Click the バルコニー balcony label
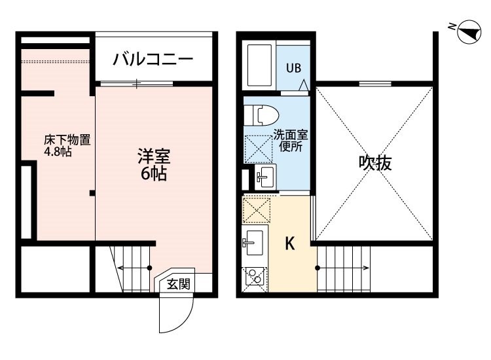153,60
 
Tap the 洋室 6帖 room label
154,165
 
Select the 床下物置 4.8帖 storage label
67,145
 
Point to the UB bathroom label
293,68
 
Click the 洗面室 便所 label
291,141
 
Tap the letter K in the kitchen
290,243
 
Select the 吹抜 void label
375,163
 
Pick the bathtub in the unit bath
260,65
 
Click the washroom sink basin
265,177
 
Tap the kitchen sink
253,243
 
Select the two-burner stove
255,276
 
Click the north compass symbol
469,31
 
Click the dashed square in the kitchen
257,210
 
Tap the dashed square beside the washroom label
258,149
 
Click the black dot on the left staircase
150,268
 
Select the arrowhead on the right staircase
367,268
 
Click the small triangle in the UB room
303,86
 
